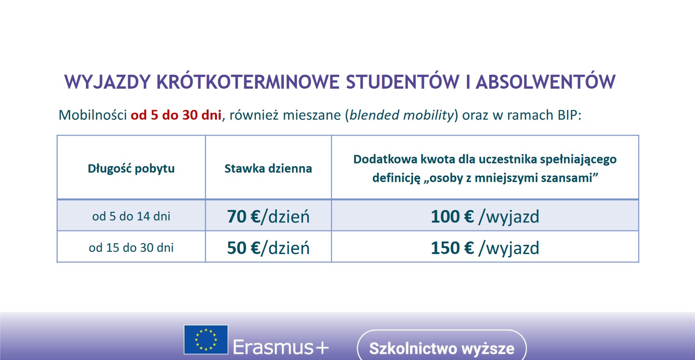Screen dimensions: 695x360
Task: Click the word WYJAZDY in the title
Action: coord(108,82)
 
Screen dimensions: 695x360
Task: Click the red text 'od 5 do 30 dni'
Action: coord(176,115)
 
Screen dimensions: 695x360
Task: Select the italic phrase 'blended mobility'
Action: coord(402,116)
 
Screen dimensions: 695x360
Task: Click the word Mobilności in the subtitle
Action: coord(92,115)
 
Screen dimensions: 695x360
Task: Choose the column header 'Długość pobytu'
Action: coord(131,169)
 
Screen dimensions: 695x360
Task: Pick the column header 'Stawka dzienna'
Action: coord(268,169)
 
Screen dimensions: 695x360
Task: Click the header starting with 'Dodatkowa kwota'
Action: coord(485,169)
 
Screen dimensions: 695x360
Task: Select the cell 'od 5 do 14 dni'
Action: coord(131,216)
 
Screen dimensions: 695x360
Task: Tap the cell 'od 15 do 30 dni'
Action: coord(131,248)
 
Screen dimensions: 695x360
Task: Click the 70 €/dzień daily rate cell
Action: coord(268,216)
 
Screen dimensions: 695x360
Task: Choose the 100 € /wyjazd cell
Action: coord(485,217)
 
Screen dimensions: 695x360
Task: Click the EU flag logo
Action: coord(206,340)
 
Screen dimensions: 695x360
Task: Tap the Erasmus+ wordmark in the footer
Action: coord(281,347)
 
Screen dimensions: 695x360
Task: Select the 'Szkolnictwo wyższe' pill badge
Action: coord(442,347)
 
